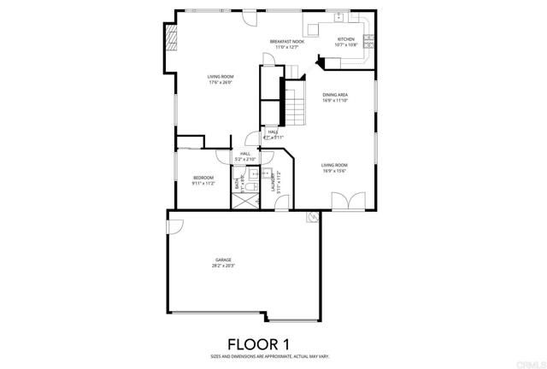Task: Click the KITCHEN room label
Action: (x=345, y=39)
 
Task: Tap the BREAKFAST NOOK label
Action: (x=286, y=42)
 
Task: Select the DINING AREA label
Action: (x=334, y=95)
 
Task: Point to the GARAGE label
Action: (x=224, y=259)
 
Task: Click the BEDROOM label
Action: (x=203, y=177)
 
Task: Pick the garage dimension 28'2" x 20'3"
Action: (x=224, y=266)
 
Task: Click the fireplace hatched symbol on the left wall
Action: (x=171, y=38)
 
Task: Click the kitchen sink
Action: (x=339, y=16)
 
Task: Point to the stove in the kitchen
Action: (x=369, y=39)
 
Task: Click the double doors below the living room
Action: (x=349, y=202)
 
